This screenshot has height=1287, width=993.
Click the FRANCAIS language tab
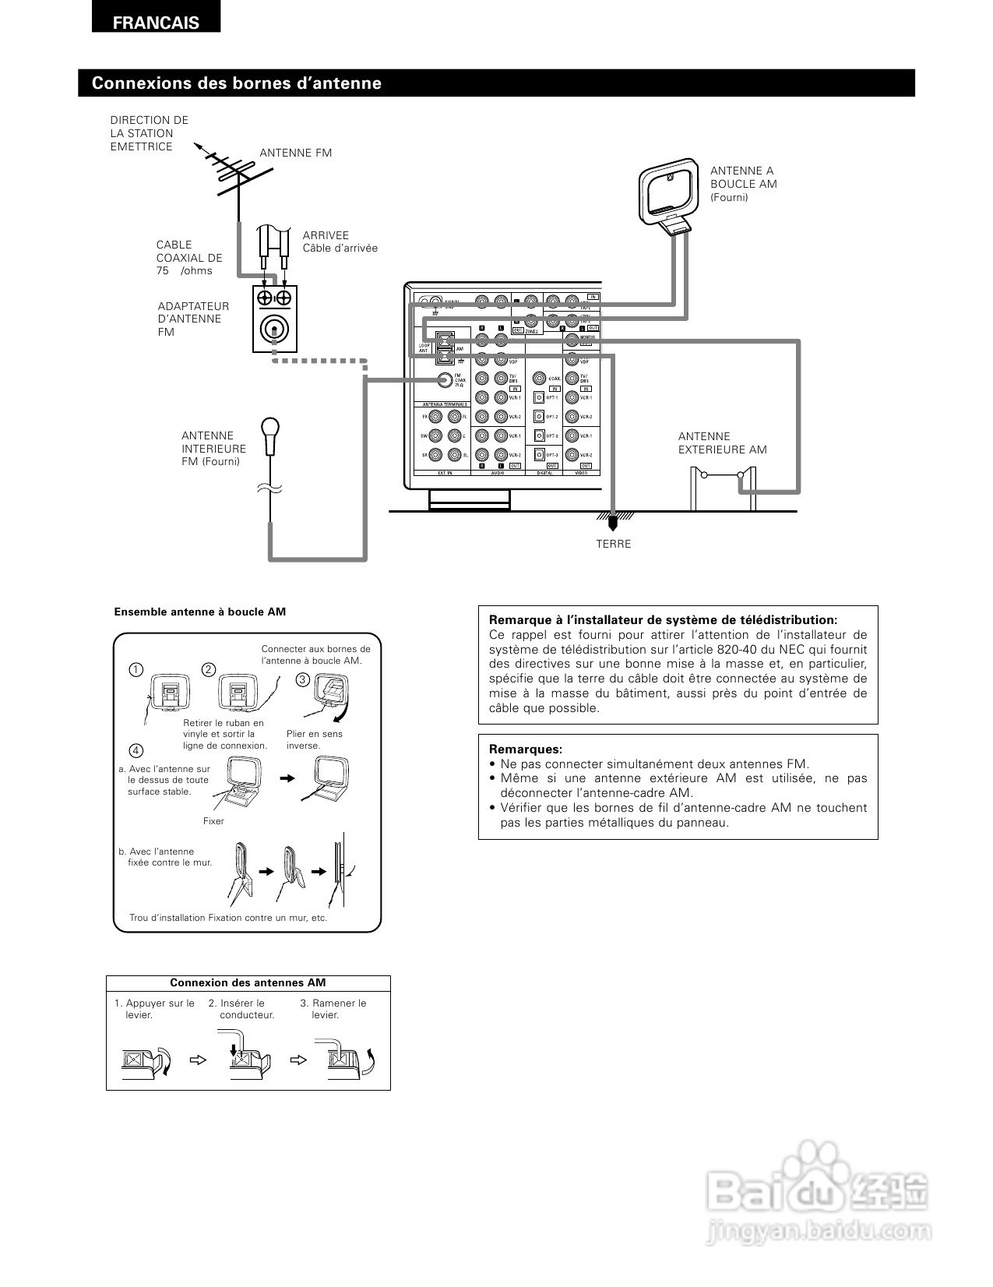click(156, 23)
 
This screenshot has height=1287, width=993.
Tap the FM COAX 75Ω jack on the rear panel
click(445, 380)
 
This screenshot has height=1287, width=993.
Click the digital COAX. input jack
click(539, 379)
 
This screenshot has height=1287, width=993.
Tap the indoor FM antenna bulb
click(270, 430)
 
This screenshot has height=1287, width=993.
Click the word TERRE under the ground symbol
click(614, 544)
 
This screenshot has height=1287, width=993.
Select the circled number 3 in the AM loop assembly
click(303, 679)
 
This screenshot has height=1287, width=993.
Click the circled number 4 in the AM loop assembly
click(136, 750)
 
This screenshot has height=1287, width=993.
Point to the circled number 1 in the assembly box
click(136, 670)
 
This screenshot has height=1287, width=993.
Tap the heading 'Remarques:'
click(526, 749)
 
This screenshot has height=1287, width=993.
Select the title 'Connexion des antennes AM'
click(248, 983)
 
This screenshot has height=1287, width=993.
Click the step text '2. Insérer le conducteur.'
click(242, 1009)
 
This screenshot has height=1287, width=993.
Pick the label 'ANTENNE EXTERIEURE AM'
click(722, 443)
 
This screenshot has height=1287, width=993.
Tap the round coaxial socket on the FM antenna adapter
click(274, 330)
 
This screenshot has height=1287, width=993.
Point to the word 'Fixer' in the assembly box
click(213, 821)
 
